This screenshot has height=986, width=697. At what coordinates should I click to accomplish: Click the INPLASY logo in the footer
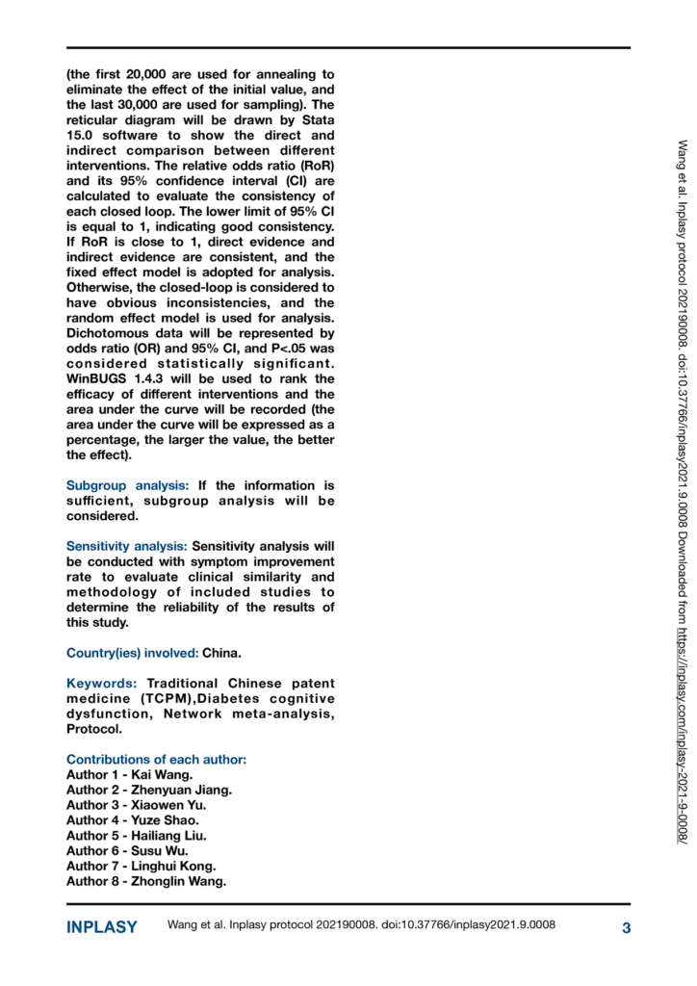tap(101, 928)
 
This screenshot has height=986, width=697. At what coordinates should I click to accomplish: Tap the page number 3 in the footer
tap(626, 928)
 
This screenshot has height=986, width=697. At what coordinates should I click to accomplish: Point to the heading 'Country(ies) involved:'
tap(132, 653)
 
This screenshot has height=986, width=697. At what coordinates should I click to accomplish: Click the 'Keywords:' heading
tap(101, 684)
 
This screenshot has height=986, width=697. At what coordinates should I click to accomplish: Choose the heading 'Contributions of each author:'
tap(156, 760)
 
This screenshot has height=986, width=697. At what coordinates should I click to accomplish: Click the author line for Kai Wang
tap(129, 774)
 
